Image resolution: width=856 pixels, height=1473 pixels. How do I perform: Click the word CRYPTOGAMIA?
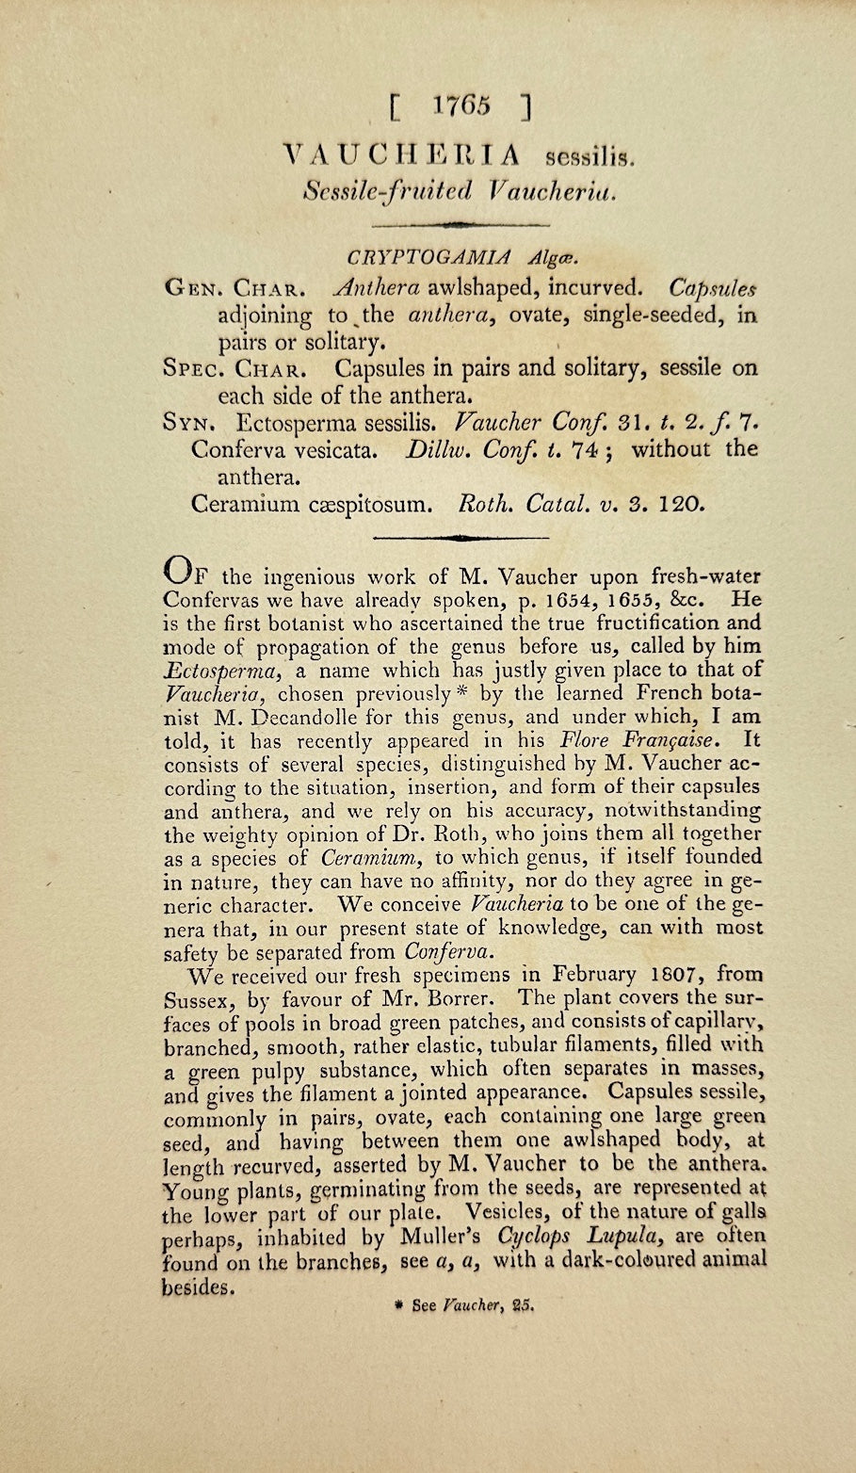click(x=428, y=256)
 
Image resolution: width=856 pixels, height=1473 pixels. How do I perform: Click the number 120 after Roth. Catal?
click(x=681, y=503)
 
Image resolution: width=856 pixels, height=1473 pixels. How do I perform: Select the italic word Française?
click(x=682, y=740)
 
